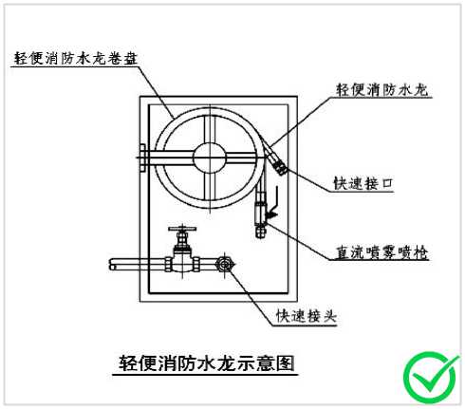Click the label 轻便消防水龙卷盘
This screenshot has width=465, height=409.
click(76, 59)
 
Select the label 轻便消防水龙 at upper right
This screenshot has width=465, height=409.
click(382, 90)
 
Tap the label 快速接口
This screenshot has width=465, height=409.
click(363, 183)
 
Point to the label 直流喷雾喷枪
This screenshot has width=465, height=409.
click(381, 252)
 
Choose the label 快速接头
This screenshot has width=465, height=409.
click(306, 316)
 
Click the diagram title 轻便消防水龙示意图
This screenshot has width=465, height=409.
click(207, 363)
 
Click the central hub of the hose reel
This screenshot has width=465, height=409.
click(210, 158)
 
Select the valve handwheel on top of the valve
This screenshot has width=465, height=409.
click(182, 229)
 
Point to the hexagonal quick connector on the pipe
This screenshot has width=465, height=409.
click(225, 264)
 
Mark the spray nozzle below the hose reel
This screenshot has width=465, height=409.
click(261, 214)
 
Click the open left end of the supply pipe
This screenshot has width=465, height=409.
click(113, 265)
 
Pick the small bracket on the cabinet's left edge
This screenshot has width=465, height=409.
click(142, 158)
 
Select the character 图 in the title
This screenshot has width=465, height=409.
click(286, 363)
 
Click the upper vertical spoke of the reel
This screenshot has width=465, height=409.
click(210, 129)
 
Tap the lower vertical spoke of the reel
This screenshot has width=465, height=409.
click(210, 187)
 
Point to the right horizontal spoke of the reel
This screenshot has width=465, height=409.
click(241, 158)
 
